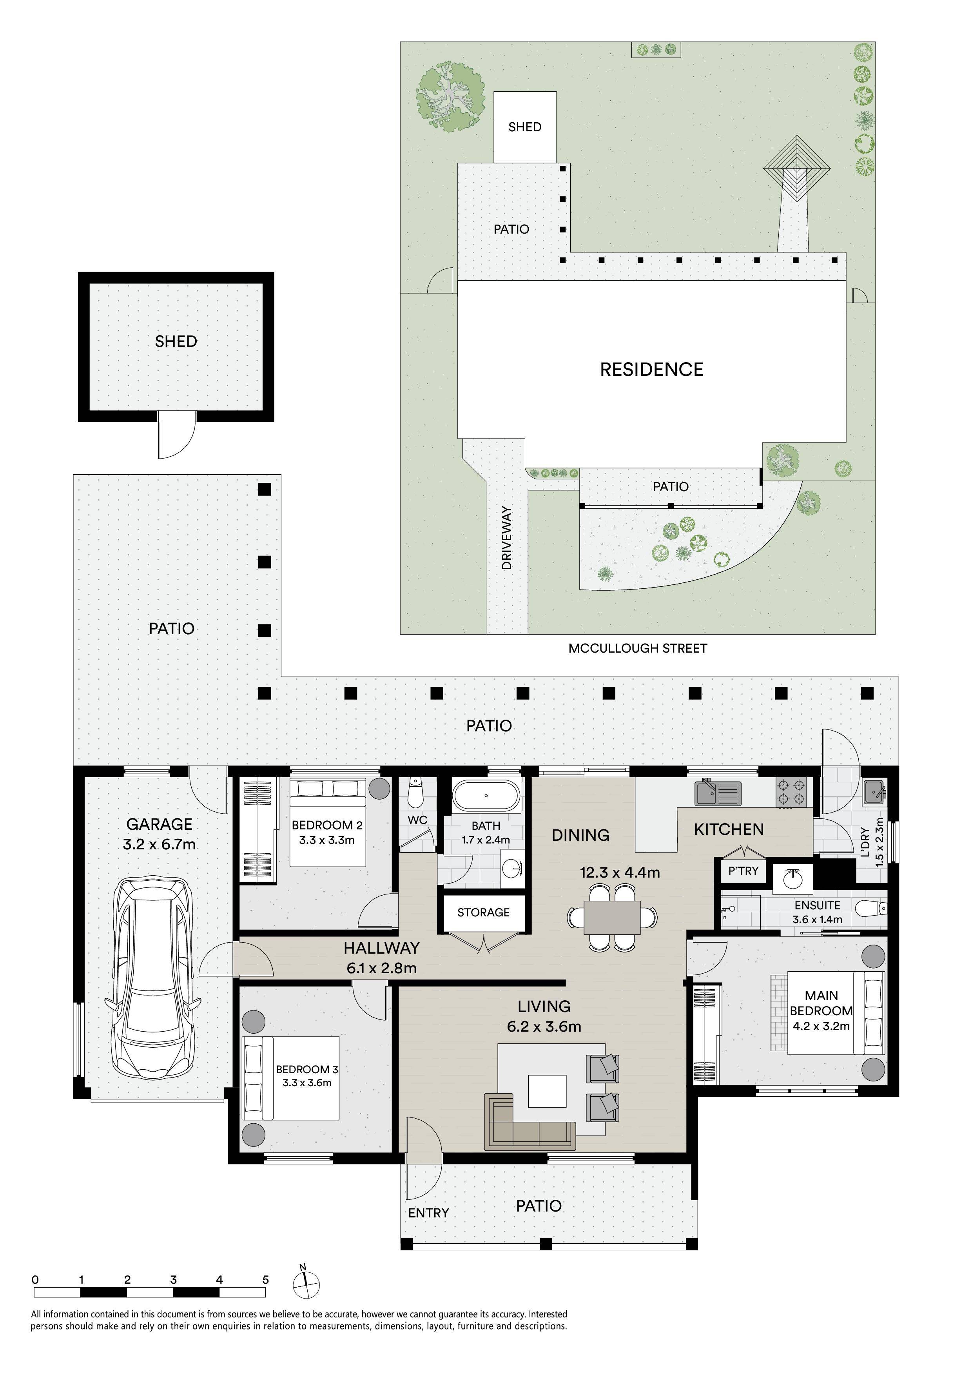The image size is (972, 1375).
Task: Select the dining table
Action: pos(612,917)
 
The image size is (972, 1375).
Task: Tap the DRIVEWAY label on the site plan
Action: pos(507,538)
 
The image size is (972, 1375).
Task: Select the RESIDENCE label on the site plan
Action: pos(652,370)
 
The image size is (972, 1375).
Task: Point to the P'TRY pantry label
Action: pos(743,871)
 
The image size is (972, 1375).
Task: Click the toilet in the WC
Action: pos(415,793)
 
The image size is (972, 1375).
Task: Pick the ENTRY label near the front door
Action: pos(428,1213)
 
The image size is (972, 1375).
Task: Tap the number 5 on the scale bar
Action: pos(265,1280)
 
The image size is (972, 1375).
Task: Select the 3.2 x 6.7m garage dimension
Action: pos(159,844)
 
